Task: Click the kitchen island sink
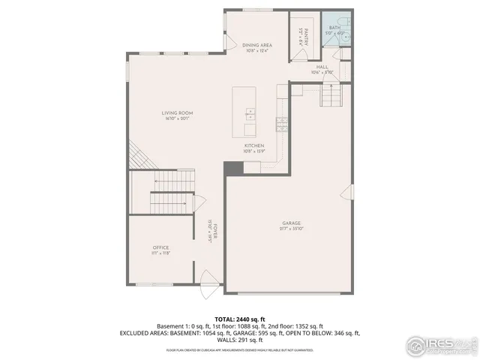coord(249,115)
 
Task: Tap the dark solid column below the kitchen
coord(234,169)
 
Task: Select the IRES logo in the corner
coord(441,346)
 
